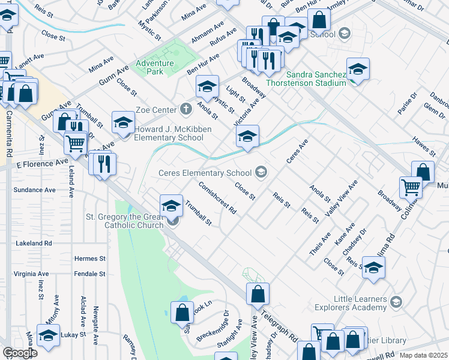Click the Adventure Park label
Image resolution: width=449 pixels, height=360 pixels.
[154, 67]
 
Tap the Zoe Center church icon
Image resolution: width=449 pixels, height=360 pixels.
[186, 109]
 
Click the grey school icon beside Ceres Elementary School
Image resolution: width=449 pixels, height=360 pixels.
[261, 173]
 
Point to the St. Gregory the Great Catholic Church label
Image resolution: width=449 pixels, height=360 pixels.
[125, 221]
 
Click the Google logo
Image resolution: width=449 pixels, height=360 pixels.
[19, 353]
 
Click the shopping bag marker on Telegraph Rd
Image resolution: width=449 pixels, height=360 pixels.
[258, 295]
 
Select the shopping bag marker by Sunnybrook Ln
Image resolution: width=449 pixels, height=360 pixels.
[181, 313]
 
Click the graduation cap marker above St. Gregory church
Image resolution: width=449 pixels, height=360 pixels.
[171, 205]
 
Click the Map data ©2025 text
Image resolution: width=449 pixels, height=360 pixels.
[423, 355]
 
